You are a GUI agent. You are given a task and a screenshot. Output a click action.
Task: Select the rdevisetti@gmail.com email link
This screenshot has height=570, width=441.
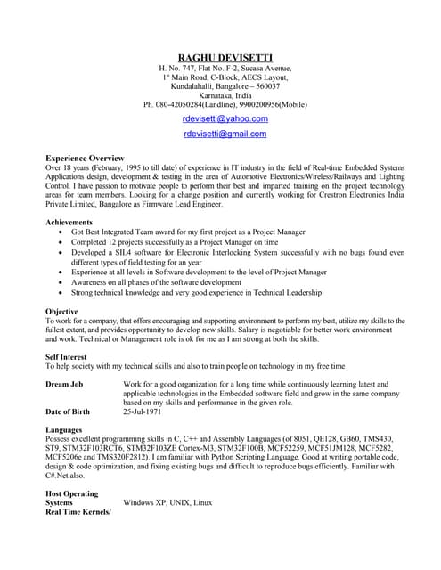click(x=225, y=134)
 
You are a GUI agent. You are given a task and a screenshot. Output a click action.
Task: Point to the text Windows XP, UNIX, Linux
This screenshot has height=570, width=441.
click(x=167, y=503)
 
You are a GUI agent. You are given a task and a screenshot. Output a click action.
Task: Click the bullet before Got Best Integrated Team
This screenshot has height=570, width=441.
click(x=61, y=232)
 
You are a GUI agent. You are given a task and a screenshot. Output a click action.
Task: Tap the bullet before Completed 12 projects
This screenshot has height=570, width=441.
click(x=61, y=241)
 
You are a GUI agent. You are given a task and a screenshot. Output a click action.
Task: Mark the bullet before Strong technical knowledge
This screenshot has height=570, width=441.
click(x=61, y=292)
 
